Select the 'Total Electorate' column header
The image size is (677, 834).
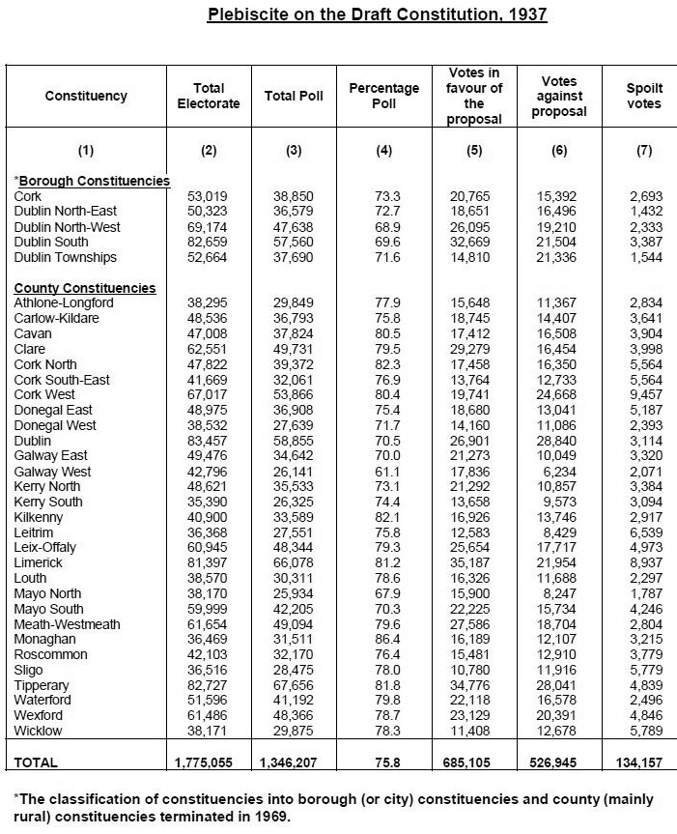pyautogui.click(x=209, y=96)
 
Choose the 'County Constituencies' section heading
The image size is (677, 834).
pyautogui.click(x=85, y=288)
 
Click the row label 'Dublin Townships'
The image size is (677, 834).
pyautogui.click(x=66, y=257)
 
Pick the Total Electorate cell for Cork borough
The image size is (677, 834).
pyautogui.click(x=209, y=196)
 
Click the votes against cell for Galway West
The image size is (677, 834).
pyautogui.click(x=559, y=472)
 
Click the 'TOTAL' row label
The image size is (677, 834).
pyautogui.click(x=36, y=762)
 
